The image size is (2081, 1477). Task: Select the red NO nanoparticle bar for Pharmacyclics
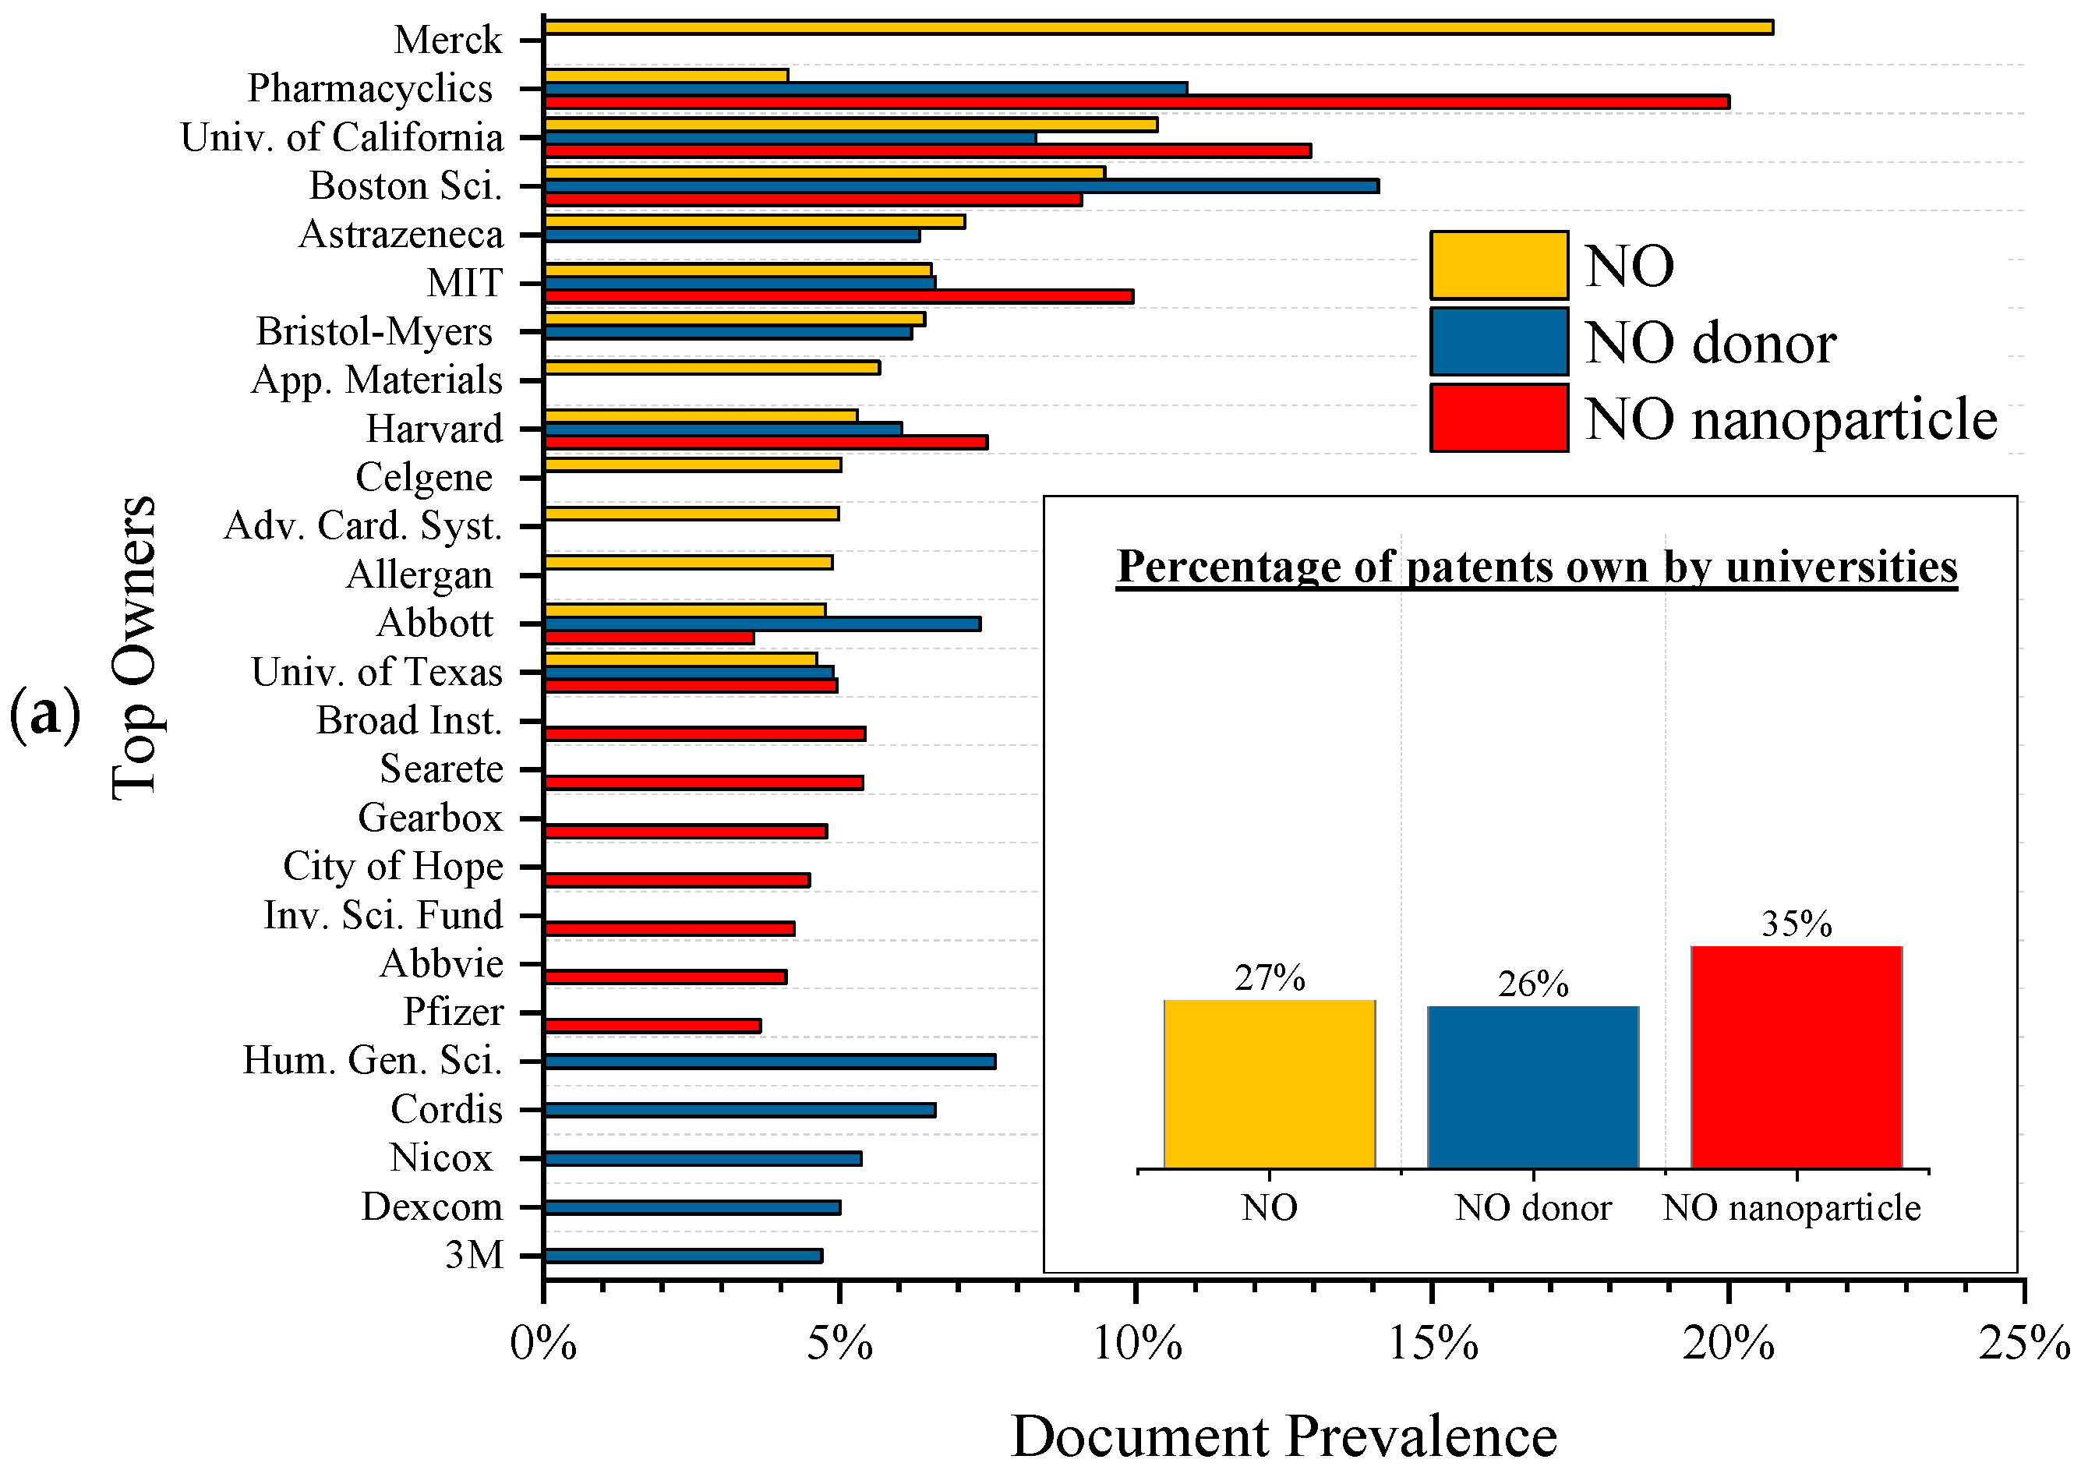tap(1137, 102)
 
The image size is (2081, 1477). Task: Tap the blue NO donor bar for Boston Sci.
tap(960, 186)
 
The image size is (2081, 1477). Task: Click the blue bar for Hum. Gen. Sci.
tap(769, 1062)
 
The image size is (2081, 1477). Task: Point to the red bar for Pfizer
tap(652, 1026)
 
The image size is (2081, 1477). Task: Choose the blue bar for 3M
tap(682, 1256)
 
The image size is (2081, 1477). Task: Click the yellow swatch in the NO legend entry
tap(1498, 266)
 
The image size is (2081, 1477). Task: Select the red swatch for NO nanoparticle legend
tap(1498, 419)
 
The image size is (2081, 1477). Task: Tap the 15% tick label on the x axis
tap(1433, 1343)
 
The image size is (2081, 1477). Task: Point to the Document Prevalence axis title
tap(1284, 1437)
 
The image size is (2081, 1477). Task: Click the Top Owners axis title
tap(135, 648)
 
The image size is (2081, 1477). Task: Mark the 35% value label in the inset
tap(1796, 925)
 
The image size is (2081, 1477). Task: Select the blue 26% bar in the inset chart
tap(1532, 1087)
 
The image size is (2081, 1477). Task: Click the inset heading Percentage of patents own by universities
tap(1536, 567)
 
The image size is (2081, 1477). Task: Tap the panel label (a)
tap(44, 715)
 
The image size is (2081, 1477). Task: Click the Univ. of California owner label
tap(341, 137)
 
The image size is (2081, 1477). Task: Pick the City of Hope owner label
tap(392, 866)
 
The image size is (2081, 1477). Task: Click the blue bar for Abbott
tap(761, 624)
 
